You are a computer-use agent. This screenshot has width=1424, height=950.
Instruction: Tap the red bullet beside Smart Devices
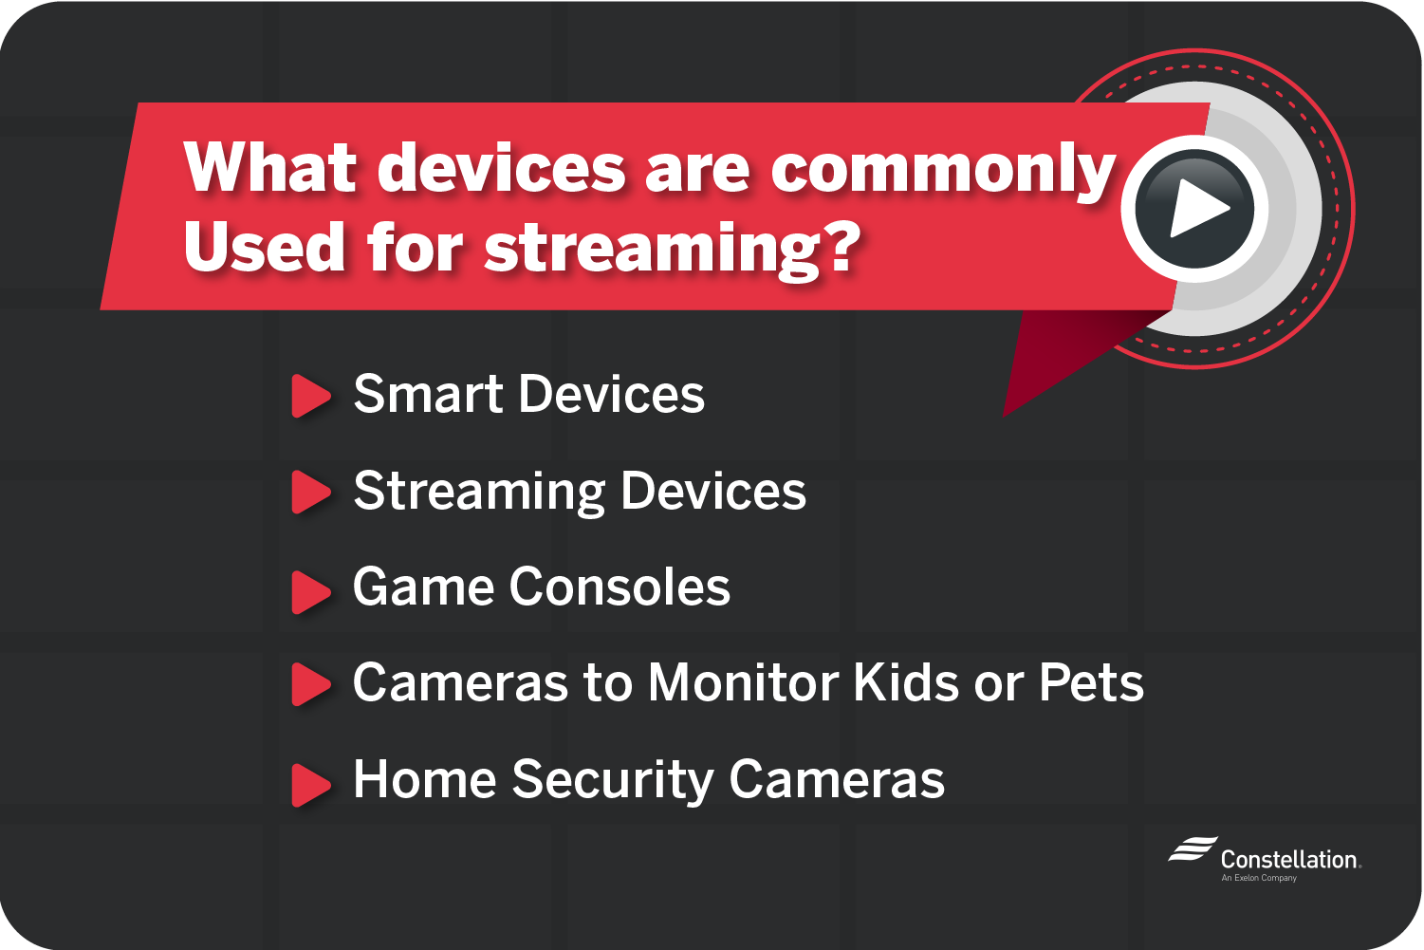(x=311, y=396)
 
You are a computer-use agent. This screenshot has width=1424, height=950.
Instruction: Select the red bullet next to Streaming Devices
(x=311, y=492)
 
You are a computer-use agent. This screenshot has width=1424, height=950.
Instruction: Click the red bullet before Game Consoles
(x=311, y=592)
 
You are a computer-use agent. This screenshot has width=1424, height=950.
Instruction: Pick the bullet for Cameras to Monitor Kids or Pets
(x=311, y=684)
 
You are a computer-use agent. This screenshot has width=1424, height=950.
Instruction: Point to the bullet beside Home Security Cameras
(x=311, y=785)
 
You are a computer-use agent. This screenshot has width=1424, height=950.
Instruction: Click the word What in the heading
(x=270, y=167)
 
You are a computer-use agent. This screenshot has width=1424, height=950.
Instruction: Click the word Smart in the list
(x=429, y=394)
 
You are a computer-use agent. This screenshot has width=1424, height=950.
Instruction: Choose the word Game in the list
(x=423, y=587)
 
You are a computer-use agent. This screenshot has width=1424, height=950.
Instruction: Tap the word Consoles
(x=620, y=587)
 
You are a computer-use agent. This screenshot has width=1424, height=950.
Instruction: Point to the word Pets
(x=1092, y=683)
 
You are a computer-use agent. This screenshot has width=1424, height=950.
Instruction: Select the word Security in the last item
(x=613, y=781)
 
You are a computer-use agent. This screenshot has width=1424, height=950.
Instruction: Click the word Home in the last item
(x=425, y=779)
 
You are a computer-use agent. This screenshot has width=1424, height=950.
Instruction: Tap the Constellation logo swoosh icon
(x=1193, y=848)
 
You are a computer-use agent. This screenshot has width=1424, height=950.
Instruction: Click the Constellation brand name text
(x=1290, y=860)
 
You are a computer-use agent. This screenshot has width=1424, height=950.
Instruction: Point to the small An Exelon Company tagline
(x=1259, y=878)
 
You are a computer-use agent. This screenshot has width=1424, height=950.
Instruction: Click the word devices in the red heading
(x=501, y=167)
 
